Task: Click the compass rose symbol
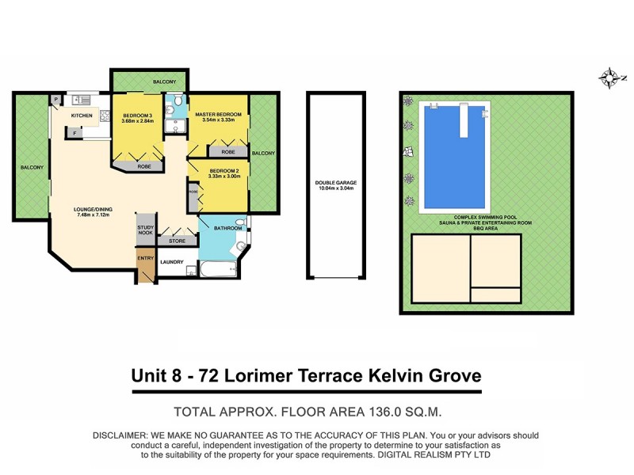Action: (x=609, y=77)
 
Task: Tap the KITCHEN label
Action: (x=82, y=116)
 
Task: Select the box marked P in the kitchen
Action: (x=56, y=100)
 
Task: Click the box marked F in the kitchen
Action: (x=74, y=133)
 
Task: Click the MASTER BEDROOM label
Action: (x=218, y=115)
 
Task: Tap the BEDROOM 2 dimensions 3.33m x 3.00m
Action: (x=224, y=177)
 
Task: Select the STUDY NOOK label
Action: (x=145, y=230)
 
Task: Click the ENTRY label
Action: (x=146, y=257)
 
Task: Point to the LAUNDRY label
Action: (x=172, y=262)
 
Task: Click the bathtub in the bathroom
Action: (x=217, y=272)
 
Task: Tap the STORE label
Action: (x=177, y=240)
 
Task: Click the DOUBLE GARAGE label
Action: (x=336, y=184)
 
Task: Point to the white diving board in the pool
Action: (x=463, y=121)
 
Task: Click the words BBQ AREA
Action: (x=487, y=229)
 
